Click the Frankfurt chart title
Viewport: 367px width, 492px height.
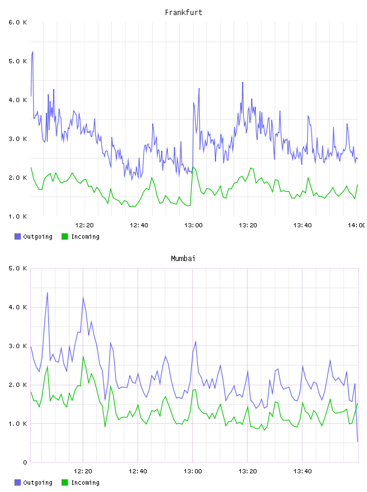click(183, 13)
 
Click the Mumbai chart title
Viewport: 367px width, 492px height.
click(183, 259)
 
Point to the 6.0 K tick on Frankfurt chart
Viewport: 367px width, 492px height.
click(18, 22)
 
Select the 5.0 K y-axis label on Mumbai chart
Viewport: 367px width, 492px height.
click(18, 268)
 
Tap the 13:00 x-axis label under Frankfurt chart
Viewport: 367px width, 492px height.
click(193, 225)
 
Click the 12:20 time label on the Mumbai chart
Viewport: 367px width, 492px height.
click(83, 471)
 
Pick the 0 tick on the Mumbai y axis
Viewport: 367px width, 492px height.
click(25, 462)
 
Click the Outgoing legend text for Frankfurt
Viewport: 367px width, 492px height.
click(37, 236)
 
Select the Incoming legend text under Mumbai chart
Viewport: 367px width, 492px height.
click(85, 482)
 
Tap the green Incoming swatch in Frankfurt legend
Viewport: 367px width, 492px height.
click(65, 236)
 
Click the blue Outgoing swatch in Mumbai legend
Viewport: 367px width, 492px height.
click(18, 482)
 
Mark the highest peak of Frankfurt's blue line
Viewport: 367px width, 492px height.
click(33, 52)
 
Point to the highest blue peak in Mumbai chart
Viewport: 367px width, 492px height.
click(48, 293)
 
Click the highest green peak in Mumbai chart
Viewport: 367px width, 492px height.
click(83, 356)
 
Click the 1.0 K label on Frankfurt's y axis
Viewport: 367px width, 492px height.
click(18, 216)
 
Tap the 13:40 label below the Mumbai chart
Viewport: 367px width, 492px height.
click(302, 471)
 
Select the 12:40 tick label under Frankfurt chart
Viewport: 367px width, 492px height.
click(139, 225)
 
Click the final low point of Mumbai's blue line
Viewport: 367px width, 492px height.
click(357, 441)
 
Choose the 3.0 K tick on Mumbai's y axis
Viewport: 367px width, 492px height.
click(18, 345)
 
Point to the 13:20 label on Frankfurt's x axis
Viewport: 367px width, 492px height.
click(248, 225)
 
